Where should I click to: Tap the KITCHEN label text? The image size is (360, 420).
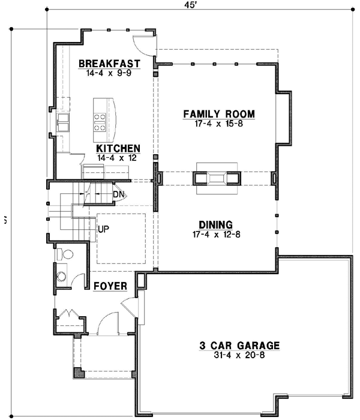[x=119, y=148]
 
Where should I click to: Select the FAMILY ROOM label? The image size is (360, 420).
[x=219, y=114]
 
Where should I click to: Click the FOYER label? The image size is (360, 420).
[x=110, y=286]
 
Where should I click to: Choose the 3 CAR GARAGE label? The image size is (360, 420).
[x=240, y=346]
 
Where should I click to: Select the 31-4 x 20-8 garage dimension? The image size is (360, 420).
[x=240, y=355]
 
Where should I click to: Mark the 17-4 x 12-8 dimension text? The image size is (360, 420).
[x=217, y=234]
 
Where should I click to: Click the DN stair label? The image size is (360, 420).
[x=118, y=194]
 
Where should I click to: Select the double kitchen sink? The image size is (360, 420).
[x=62, y=125]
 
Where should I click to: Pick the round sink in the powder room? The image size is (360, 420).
[x=62, y=277]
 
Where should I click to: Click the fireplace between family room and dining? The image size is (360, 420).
[x=217, y=178]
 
